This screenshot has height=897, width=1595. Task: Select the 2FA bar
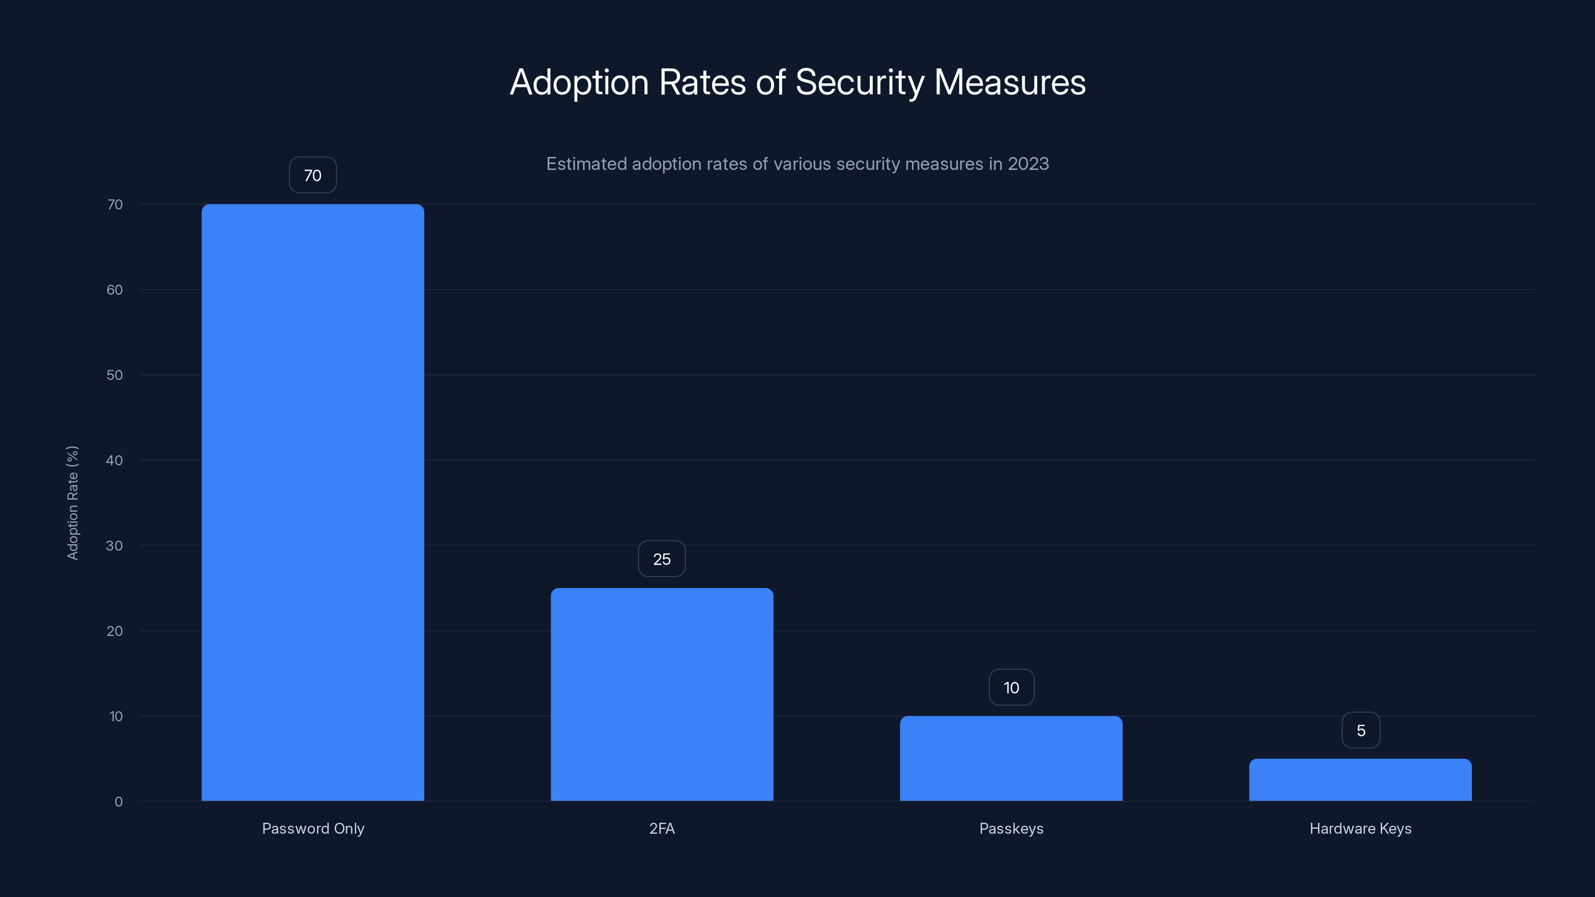pos(662,694)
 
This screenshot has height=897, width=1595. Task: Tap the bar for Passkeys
pos(1011,758)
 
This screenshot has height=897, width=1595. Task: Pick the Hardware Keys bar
pos(1360,779)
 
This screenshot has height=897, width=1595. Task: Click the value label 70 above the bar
pos(313,175)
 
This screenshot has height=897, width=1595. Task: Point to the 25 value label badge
pos(662,559)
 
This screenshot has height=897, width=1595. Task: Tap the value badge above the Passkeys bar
pos(1011,687)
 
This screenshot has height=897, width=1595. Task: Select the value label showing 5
pos(1360,731)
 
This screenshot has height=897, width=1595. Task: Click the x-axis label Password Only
pos(313,828)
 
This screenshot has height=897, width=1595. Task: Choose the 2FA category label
pos(662,828)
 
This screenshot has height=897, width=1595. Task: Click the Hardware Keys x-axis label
pos(1360,828)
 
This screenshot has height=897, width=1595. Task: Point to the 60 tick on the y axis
pos(115,290)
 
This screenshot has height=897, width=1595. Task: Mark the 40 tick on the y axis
pos(115,460)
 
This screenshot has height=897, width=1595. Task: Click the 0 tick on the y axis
pos(118,802)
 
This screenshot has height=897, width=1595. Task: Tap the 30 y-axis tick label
pos(115,545)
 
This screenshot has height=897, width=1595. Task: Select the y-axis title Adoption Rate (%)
pos(72,503)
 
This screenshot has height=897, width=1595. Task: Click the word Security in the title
pos(859,82)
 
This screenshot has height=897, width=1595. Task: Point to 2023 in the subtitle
pos(1028,163)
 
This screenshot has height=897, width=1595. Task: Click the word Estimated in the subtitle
pos(586,163)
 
